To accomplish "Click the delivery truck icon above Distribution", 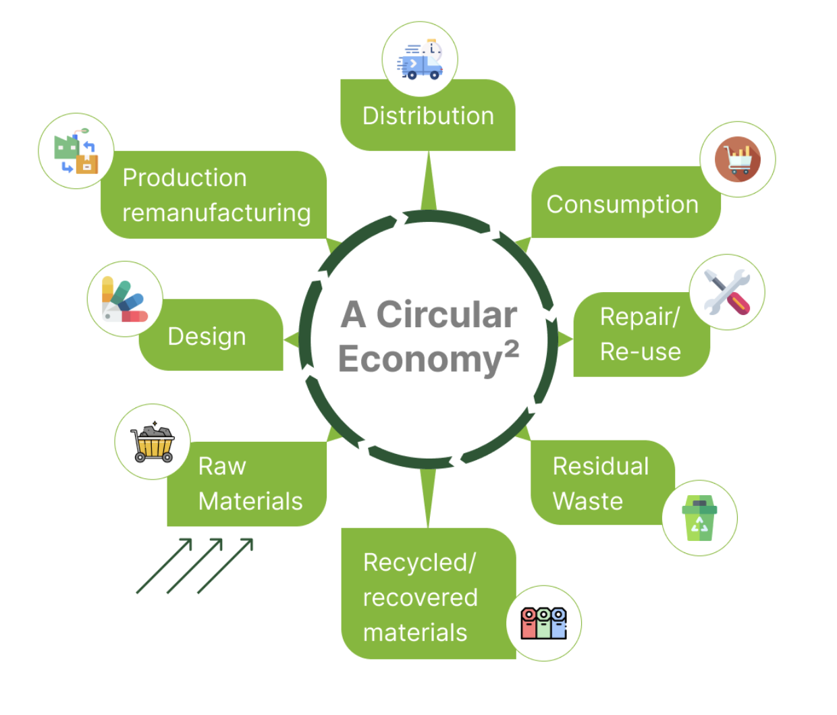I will click(420, 60).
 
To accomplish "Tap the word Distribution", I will click(428, 116).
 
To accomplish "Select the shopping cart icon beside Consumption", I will click(738, 160).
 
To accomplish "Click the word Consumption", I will click(622, 204).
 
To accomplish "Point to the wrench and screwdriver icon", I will click(727, 292).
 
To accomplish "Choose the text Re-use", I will click(640, 351).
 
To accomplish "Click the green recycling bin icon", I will click(699, 518).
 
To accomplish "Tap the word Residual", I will click(600, 466).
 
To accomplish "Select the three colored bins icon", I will click(543, 623).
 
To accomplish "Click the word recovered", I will click(420, 598).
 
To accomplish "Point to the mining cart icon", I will click(153, 442).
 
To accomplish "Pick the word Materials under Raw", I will click(250, 501).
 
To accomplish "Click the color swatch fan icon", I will click(124, 299).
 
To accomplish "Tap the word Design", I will click(207, 337).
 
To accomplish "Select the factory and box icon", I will click(76, 151).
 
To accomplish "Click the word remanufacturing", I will click(216, 213).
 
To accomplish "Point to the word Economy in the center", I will click(419, 359).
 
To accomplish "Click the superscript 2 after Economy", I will click(512, 348).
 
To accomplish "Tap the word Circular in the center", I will click(446, 315).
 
